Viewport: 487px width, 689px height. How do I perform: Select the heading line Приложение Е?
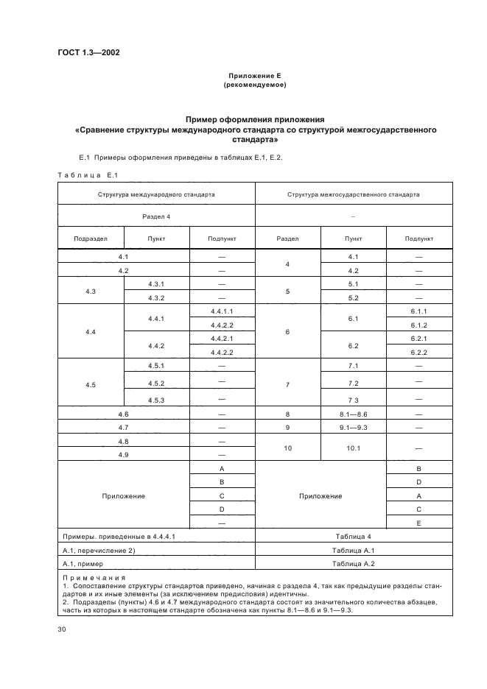[254, 76]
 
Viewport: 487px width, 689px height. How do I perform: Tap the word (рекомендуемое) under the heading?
[254, 85]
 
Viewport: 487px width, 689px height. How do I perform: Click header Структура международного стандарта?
[156, 195]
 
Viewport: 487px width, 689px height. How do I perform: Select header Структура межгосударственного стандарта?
[354, 195]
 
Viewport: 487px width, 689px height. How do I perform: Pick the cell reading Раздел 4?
[156, 216]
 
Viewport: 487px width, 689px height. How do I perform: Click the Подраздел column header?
[91, 239]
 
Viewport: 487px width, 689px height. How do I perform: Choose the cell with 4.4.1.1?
[222, 311]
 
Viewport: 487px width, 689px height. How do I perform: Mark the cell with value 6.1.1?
[418, 311]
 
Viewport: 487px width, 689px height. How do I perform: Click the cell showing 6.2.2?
[418, 353]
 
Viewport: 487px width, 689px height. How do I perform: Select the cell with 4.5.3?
[156, 400]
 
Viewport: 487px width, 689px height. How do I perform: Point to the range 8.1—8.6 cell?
[353, 415]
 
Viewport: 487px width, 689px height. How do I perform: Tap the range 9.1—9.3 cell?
[353, 428]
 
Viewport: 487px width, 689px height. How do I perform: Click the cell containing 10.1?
[353, 448]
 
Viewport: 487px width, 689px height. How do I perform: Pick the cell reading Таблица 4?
[354, 537]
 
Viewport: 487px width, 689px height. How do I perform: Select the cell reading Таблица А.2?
[354, 564]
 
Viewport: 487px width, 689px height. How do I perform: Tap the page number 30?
[62, 629]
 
